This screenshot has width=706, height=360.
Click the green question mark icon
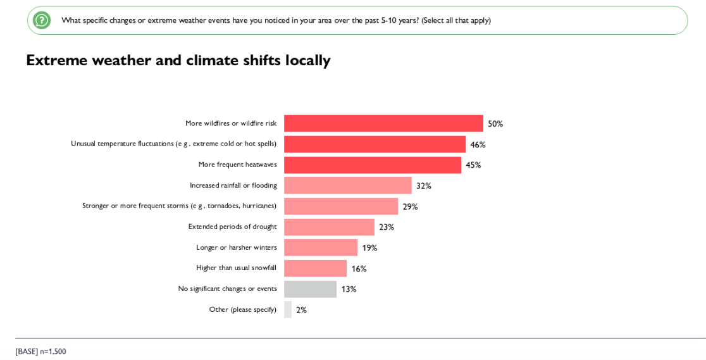42,20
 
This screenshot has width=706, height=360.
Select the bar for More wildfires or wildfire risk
383,123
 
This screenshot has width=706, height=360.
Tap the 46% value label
478,145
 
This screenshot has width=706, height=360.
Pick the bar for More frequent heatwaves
373,165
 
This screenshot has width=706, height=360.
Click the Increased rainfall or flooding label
233,185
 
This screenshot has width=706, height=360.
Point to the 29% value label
410,207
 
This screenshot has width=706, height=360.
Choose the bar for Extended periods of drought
329,227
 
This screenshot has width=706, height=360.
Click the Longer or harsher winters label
236,247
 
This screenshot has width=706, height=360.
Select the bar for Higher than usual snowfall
315,268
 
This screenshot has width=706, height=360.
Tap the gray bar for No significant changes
310,289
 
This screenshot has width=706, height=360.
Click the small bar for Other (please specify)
288,309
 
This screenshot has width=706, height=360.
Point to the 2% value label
301,310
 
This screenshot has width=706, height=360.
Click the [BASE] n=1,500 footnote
40,351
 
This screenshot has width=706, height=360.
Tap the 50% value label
495,124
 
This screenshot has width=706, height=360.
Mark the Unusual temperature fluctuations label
173,144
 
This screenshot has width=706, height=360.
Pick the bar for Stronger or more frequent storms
341,206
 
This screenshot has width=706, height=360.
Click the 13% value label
349,289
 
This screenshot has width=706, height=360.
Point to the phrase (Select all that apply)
456,20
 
